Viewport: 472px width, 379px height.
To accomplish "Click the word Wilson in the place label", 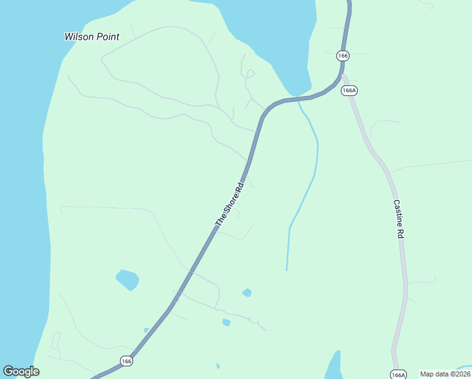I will click(79, 37).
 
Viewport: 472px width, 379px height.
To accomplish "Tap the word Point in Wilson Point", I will click(107, 37).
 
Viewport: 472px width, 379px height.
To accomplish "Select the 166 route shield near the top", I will click(342, 56).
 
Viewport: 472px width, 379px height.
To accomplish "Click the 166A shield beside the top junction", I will click(349, 90).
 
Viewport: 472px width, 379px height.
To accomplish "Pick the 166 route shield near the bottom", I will click(126, 361).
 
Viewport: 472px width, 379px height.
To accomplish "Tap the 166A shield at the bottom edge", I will click(398, 375).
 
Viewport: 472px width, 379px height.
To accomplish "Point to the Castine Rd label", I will click(399, 219).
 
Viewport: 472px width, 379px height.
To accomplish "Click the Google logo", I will click(21, 371).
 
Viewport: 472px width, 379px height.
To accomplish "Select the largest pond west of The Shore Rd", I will click(127, 279).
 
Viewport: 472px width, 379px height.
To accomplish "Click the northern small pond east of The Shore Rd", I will click(247, 292).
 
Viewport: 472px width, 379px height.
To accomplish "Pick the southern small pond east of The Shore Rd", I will click(226, 322).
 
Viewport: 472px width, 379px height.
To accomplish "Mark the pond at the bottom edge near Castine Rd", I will click(333, 366).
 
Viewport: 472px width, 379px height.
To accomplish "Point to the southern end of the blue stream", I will click(286, 270).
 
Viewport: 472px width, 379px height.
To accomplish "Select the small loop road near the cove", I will click(250, 74).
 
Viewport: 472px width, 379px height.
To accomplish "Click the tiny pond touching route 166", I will click(146, 330).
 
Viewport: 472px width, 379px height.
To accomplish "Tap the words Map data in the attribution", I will click(434, 374).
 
